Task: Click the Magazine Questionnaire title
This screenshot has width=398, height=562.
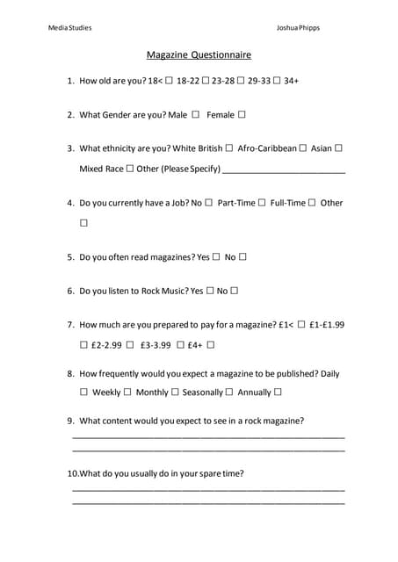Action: tap(199, 54)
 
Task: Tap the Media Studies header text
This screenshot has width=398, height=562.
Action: tap(69, 27)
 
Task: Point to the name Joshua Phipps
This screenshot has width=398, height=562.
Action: tap(298, 27)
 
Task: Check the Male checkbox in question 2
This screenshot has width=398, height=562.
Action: tap(195, 114)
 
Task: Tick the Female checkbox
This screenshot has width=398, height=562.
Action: tap(242, 114)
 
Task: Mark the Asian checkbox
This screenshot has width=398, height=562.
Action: tap(339, 148)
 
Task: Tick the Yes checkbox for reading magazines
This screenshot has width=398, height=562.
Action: tap(215, 257)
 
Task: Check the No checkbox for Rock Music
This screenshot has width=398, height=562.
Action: tap(235, 291)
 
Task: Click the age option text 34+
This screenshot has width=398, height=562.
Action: tap(292, 81)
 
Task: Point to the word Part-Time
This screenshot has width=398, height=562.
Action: tap(236, 203)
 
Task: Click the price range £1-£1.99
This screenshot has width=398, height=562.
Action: tap(327, 324)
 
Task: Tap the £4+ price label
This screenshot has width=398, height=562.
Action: tap(195, 345)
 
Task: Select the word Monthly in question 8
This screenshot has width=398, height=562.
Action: tap(152, 393)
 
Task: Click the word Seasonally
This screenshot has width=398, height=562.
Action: tap(202, 393)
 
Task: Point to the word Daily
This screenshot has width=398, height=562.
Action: tap(330, 373)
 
